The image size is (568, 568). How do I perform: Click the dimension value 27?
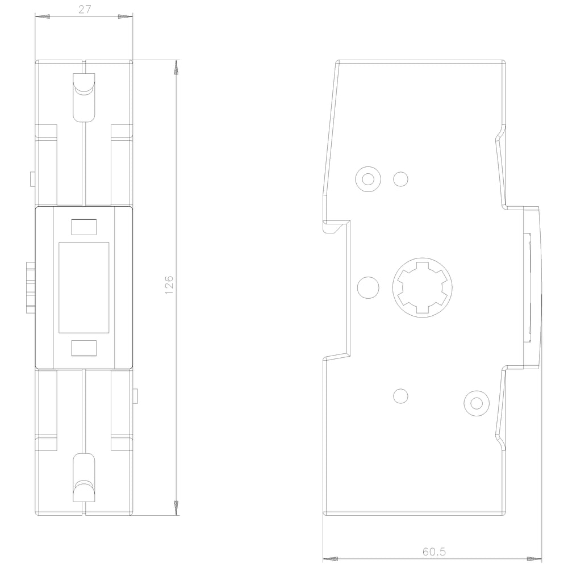(x=85, y=10)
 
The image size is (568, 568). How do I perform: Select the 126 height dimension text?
(x=169, y=285)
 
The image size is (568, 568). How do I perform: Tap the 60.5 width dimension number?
(x=434, y=552)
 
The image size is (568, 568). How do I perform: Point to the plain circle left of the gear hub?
(x=368, y=287)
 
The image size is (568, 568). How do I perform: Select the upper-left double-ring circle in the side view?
(x=368, y=179)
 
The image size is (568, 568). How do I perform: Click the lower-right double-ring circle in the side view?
(x=477, y=403)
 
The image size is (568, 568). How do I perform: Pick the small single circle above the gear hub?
(x=400, y=179)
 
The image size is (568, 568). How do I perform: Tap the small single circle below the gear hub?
(x=400, y=396)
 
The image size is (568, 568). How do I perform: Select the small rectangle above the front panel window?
(x=83, y=227)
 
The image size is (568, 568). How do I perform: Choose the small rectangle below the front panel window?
(x=83, y=348)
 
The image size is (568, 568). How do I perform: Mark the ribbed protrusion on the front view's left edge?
(x=31, y=288)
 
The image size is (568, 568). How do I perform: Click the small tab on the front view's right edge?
(x=136, y=396)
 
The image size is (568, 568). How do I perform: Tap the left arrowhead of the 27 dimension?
(x=43, y=16)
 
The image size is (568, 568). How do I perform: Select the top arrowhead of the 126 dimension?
(x=176, y=68)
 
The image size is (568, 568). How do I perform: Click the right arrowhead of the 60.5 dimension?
(x=534, y=559)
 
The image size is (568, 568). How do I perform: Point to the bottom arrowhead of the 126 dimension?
(x=176, y=507)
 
